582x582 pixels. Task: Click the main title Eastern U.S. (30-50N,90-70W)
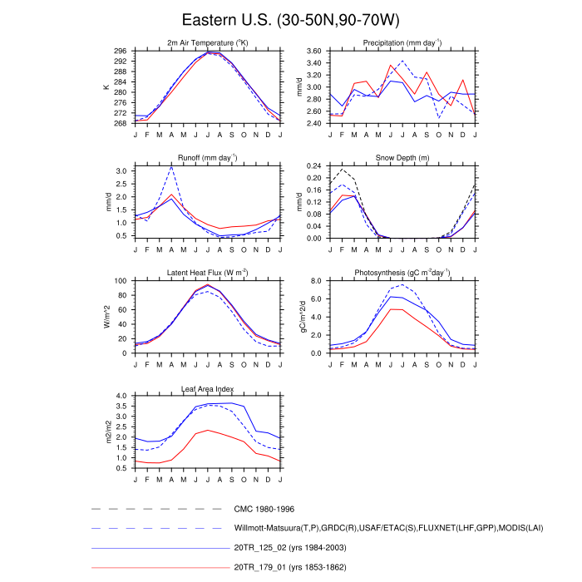[290, 20]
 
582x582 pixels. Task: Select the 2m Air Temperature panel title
[207, 42]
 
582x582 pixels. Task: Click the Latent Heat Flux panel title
[207, 273]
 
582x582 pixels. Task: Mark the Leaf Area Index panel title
[207, 388]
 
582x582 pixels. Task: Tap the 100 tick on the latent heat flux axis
[121, 281]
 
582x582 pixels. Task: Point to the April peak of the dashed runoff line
[171, 167]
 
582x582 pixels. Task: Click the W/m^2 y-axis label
[106, 317]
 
